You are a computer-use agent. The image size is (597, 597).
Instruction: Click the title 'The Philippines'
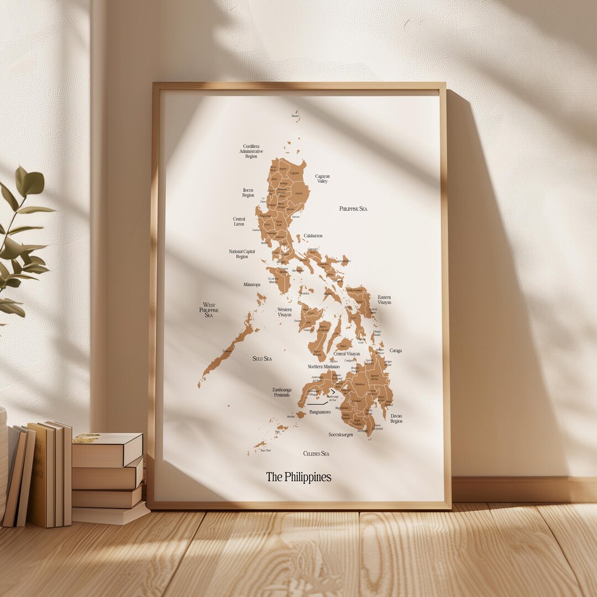(x=298, y=476)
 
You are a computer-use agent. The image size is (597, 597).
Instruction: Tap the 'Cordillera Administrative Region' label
(x=251, y=151)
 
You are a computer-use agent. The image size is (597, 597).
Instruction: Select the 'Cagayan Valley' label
(x=322, y=179)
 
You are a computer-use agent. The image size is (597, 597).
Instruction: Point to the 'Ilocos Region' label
(x=248, y=192)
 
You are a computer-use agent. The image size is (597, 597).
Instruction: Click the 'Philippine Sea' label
(x=353, y=209)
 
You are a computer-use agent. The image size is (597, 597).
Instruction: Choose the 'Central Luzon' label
(x=239, y=221)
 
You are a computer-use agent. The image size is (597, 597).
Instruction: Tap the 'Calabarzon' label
(x=313, y=236)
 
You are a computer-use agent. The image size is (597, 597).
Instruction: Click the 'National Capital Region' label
(x=242, y=254)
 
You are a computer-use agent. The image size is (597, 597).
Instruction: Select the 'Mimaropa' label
(x=252, y=285)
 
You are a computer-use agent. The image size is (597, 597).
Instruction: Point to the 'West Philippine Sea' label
(x=209, y=310)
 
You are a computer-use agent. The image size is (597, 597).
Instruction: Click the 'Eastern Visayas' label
(x=384, y=300)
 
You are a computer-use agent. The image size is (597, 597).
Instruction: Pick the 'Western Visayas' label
(x=285, y=312)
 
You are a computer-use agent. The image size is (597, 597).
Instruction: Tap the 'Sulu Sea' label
(x=262, y=359)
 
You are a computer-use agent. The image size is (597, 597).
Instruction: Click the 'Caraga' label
(x=396, y=350)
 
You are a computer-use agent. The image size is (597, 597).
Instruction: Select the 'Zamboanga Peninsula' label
(x=282, y=392)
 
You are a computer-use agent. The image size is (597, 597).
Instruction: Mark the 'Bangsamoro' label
(x=320, y=412)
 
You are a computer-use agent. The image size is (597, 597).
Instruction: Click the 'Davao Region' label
(x=396, y=418)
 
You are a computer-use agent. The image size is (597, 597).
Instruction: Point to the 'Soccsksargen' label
(x=341, y=434)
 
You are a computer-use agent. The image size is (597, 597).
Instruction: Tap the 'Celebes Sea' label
(x=316, y=454)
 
